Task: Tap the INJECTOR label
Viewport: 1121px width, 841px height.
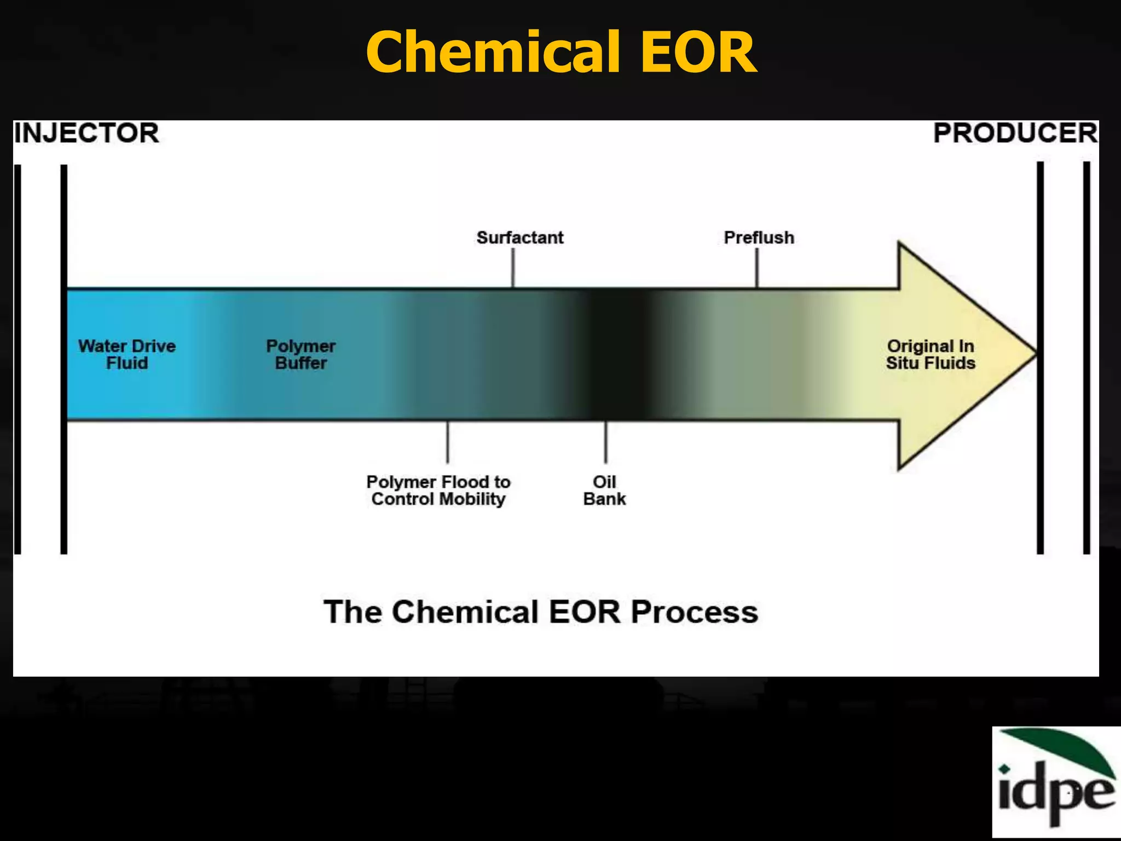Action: [86, 133]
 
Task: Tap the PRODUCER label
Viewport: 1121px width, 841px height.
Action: [1015, 133]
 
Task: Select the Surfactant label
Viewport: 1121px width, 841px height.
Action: [519, 238]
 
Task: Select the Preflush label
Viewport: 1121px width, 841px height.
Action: [759, 238]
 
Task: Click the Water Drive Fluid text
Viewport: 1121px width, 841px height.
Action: [127, 354]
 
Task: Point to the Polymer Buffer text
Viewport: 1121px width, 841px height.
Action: [301, 354]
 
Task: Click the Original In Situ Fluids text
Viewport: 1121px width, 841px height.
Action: [931, 354]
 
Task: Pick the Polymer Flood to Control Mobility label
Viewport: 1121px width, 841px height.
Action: [438, 490]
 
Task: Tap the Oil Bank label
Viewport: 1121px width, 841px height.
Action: [604, 490]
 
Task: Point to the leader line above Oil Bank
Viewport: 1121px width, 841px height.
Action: [605, 442]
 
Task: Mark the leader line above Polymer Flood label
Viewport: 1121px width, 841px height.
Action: [448, 442]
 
